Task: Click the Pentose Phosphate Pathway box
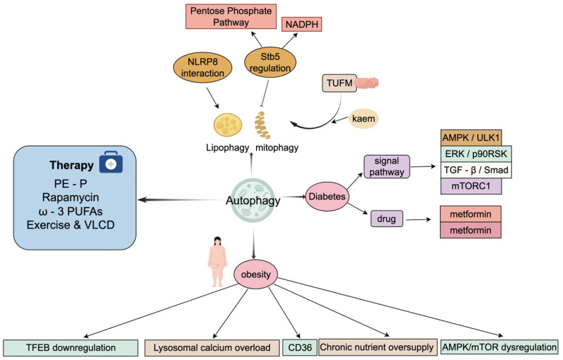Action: (x=231, y=16)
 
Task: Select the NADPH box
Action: (x=301, y=25)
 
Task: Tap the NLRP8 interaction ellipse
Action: (x=202, y=67)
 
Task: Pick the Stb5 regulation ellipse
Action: (x=270, y=62)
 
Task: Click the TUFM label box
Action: (x=339, y=83)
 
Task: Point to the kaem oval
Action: (x=364, y=118)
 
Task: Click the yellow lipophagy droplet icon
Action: (x=228, y=125)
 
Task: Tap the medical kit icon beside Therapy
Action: (x=111, y=162)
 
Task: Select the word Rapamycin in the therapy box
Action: (x=71, y=197)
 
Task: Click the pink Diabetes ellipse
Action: (x=327, y=197)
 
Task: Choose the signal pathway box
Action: (x=387, y=166)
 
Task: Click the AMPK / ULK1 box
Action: (x=471, y=137)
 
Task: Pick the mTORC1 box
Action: (x=471, y=186)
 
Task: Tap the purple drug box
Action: (x=387, y=219)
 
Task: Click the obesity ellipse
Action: (x=255, y=274)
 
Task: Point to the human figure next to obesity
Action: (x=217, y=261)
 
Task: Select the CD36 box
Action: (x=300, y=347)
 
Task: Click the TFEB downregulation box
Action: (x=71, y=348)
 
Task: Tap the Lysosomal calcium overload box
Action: (x=212, y=348)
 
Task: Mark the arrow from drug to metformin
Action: (x=418, y=219)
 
